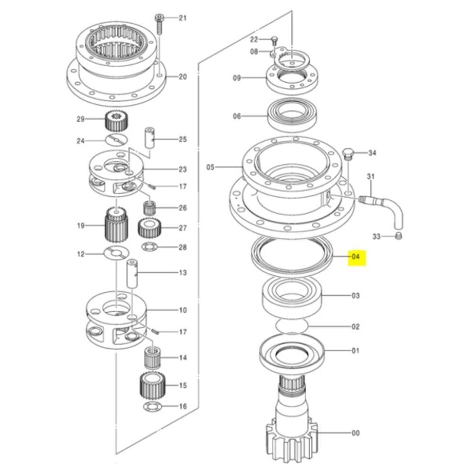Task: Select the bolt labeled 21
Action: tap(158, 23)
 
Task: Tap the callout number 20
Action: tap(183, 77)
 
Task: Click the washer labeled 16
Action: tap(152, 407)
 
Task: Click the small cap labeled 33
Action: tap(399, 236)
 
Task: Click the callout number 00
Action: tap(355, 433)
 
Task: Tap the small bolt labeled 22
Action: tap(274, 40)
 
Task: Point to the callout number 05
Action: tap(210, 167)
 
